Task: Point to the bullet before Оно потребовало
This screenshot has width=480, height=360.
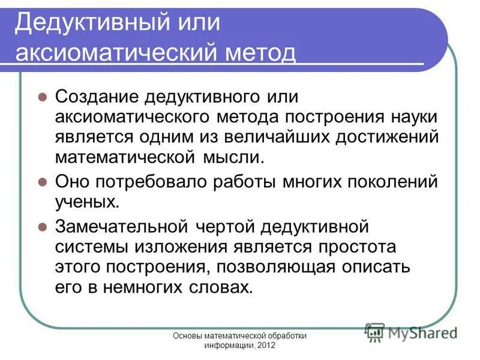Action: (42, 181)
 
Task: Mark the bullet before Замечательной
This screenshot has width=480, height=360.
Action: (42, 227)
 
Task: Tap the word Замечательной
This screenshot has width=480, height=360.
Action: (122, 227)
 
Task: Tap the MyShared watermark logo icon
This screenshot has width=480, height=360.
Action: (375, 332)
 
